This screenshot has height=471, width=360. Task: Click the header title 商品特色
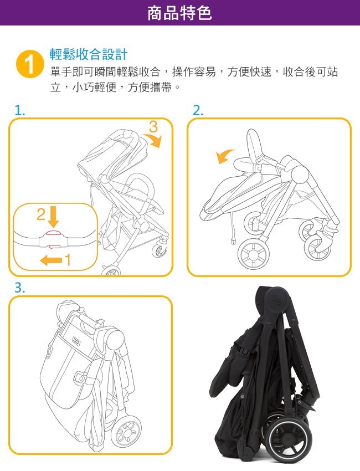click(179, 13)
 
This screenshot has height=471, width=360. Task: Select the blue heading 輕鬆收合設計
click(89, 54)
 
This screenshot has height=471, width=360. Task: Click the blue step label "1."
click(20, 111)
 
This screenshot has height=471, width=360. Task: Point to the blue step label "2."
click(198, 111)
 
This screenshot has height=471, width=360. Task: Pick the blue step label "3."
click(20, 288)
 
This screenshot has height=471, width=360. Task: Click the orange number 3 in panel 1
click(153, 127)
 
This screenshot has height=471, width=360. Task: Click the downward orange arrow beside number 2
click(53, 217)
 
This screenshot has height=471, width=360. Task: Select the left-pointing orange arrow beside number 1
click(52, 260)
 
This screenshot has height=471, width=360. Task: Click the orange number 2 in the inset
click(41, 214)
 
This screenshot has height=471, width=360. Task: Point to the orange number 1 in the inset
click(68, 260)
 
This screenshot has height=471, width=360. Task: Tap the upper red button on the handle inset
click(53, 232)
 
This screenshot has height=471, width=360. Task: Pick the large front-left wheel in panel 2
click(253, 254)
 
